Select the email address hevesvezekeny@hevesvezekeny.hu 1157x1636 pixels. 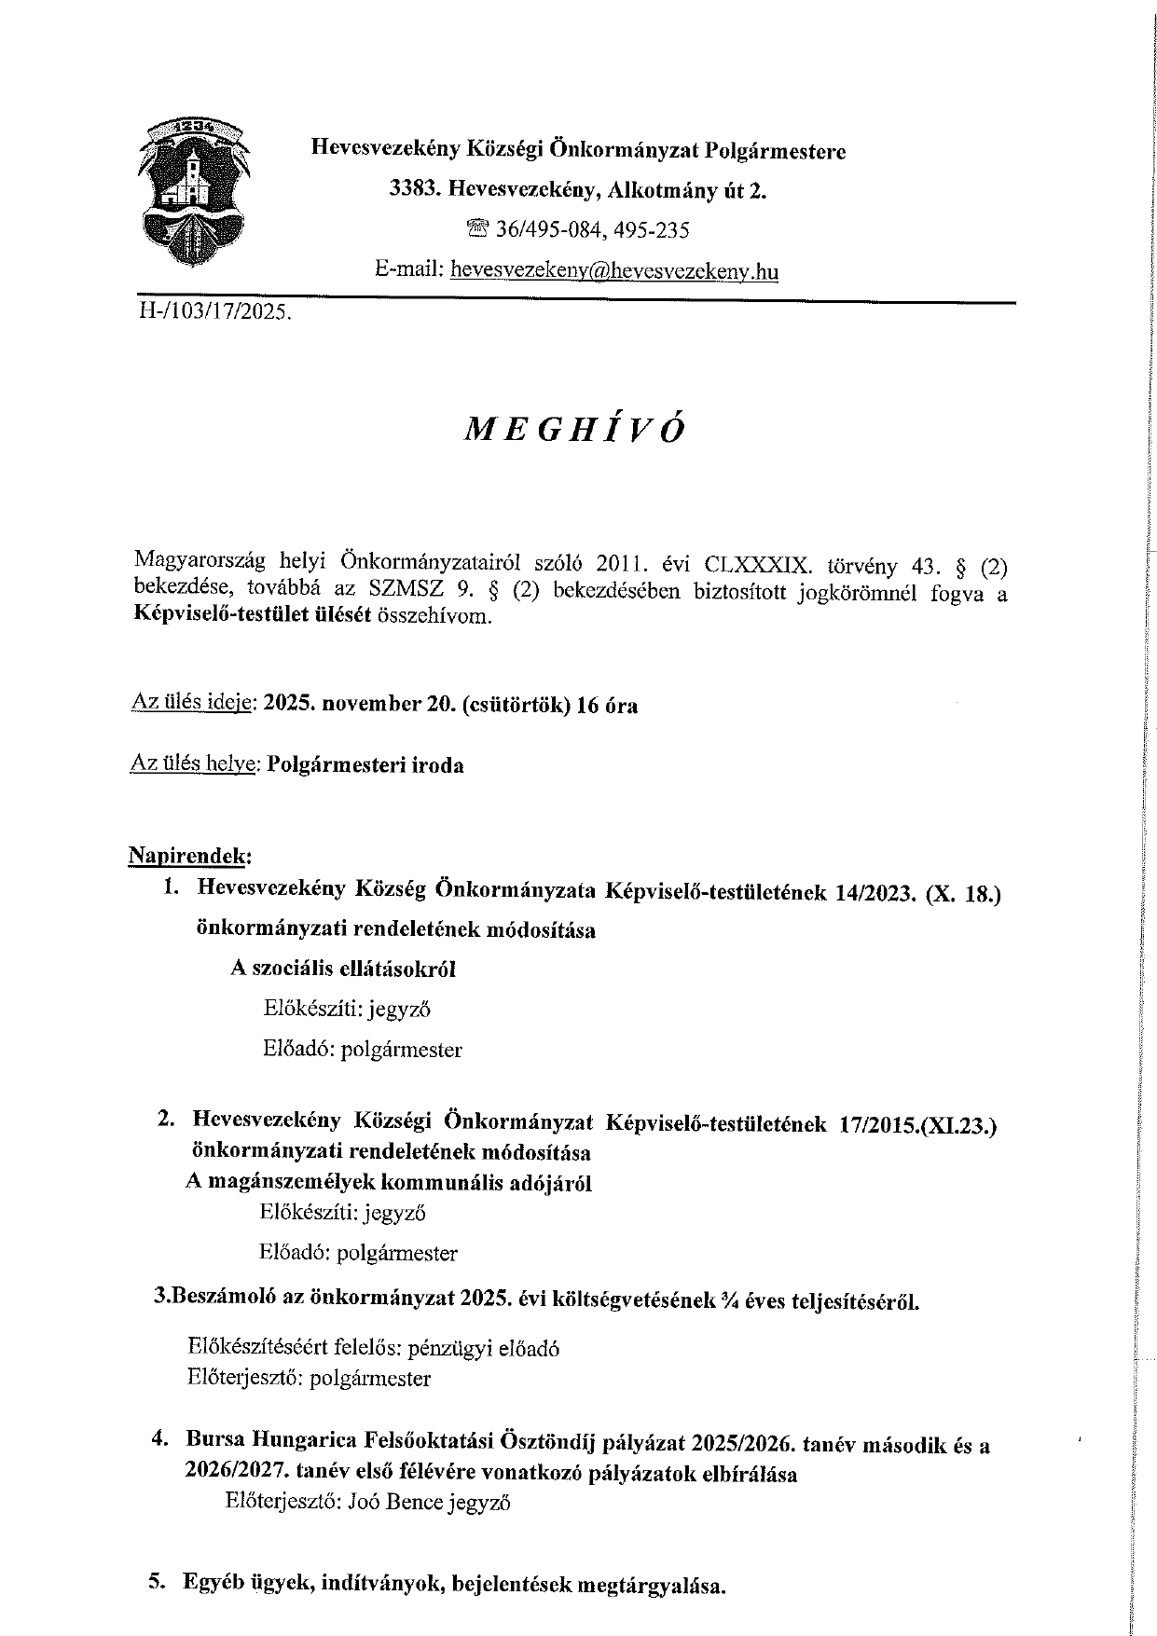tap(613, 271)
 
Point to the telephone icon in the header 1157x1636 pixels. tap(478, 228)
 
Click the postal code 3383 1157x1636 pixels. tap(413, 190)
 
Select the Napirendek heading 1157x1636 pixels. tap(190, 854)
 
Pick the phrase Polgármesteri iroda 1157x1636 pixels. tap(365, 765)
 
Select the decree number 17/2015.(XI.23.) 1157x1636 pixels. tap(917, 1125)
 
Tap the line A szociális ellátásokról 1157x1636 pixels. tap(343, 968)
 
